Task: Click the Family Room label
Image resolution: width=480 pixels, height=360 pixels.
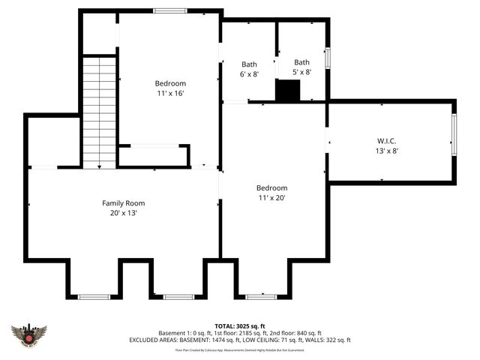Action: [x=124, y=203]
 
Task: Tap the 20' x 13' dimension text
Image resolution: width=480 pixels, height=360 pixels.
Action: [x=124, y=213]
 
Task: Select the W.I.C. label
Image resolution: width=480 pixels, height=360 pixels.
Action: [x=386, y=140]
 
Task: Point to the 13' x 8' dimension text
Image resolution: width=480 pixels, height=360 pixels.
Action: [x=386, y=150]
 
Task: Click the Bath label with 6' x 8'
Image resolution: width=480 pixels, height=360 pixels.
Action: [x=249, y=64]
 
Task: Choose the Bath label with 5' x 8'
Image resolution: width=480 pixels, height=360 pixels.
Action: [x=301, y=62]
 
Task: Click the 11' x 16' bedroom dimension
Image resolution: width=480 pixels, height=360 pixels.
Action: [x=170, y=93]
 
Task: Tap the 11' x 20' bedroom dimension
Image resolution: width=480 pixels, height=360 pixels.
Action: [x=271, y=198]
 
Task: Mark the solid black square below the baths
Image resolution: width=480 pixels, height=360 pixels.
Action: [x=287, y=91]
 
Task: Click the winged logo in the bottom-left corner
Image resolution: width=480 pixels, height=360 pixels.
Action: [x=29, y=334]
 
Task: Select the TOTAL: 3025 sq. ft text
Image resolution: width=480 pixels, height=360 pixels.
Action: [x=240, y=326]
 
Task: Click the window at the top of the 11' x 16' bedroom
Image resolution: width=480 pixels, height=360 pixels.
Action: [x=166, y=11]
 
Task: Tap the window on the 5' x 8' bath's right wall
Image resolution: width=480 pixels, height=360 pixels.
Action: [x=327, y=58]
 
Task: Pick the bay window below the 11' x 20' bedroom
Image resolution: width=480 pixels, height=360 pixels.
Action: [x=261, y=296]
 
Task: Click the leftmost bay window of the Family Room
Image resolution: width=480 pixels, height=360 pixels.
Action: [x=94, y=296]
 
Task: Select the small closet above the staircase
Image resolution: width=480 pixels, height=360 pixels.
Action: [x=99, y=34]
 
